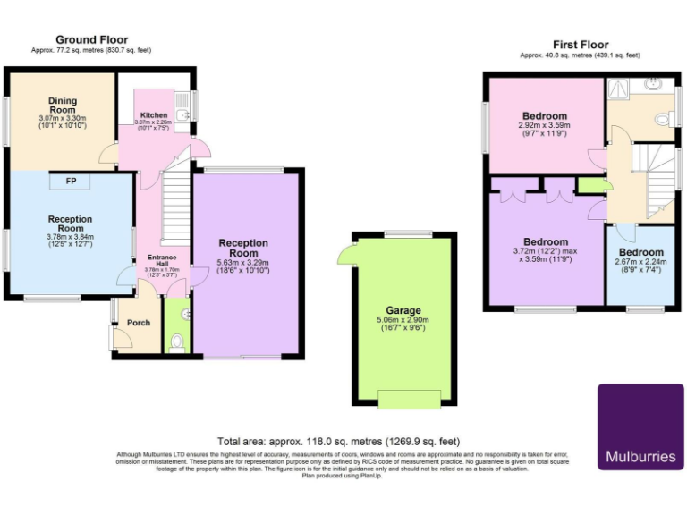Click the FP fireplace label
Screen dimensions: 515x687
click(70, 182)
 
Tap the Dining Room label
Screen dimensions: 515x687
click(63, 105)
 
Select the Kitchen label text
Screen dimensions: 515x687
click(152, 115)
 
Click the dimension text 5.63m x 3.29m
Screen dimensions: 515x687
click(243, 263)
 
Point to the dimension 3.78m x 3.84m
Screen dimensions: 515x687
click(71, 237)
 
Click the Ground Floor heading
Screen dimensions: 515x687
click(91, 39)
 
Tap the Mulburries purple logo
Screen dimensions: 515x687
click(640, 426)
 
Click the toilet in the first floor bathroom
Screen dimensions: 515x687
click(663, 118)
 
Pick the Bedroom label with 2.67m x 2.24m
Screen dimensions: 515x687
click(641, 252)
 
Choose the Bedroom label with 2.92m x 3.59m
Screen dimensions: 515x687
click(545, 116)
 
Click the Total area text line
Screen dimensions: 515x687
click(338, 442)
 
